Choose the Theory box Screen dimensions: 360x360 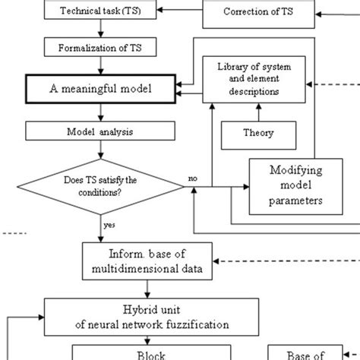point(259,134)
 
